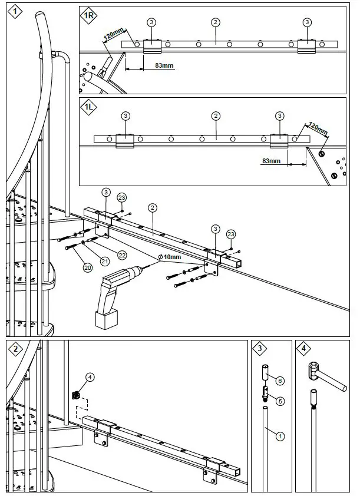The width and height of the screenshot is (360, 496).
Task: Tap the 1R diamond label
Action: tap(90, 16)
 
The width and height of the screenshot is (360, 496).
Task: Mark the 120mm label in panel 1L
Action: tap(316, 128)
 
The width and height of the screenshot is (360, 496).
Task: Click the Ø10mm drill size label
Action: tap(171, 257)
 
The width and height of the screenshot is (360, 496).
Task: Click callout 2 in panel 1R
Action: tap(216, 22)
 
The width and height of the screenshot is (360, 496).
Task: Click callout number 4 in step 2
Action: tap(90, 376)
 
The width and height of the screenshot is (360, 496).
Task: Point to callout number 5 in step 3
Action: tap(280, 401)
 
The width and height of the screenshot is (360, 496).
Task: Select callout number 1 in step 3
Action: tap(280, 436)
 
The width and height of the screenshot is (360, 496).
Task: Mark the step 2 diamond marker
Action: tap(15, 349)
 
